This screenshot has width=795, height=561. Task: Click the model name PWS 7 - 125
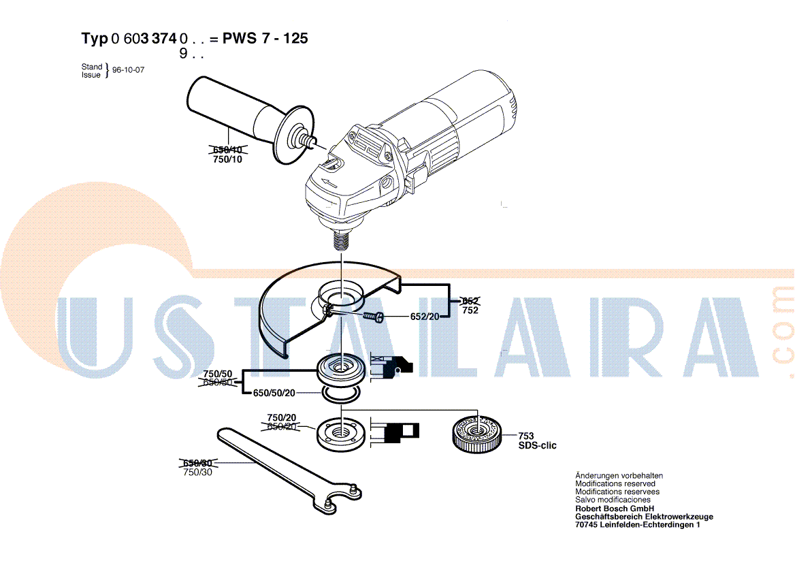[265, 38]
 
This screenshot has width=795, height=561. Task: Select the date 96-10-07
[128, 70]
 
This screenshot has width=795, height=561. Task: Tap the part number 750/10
[227, 159]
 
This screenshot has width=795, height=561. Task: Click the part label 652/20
[425, 317]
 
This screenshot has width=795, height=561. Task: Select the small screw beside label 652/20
[374, 317]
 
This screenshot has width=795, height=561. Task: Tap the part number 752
[470, 310]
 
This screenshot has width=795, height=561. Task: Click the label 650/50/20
[274, 393]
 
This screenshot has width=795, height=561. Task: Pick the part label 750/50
[218, 374]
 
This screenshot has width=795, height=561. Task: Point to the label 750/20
[281, 417]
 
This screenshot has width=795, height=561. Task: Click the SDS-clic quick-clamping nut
[476, 434]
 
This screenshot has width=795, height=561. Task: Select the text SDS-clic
[537, 445]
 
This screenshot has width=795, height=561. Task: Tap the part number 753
[525, 436]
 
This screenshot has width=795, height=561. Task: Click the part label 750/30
[198, 472]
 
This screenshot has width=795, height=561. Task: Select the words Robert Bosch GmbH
[615, 509]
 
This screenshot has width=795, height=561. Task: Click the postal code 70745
[586, 524]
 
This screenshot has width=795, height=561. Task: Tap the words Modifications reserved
[615, 483]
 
